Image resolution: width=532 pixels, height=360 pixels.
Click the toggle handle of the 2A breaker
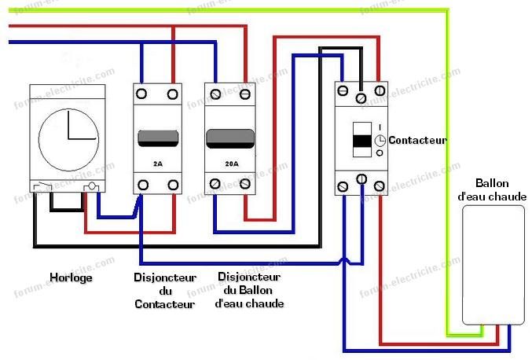(x=157, y=138)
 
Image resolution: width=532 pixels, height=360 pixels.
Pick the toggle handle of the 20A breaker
(x=229, y=138)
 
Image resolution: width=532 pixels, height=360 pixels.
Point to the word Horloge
(x=71, y=277)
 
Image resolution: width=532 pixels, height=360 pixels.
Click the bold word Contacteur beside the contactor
(x=417, y=141)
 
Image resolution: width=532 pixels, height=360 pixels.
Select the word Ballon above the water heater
(x=492, y=183)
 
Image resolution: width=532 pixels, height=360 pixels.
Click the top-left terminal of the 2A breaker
(x=142, y=94)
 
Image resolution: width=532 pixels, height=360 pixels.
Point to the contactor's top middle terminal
(x=361, y=97)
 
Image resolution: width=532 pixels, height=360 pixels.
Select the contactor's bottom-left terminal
(x=343, y=186)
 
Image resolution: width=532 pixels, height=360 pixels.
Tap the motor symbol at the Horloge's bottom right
(x=92, y=186)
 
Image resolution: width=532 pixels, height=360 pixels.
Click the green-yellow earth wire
(x=451, y=157)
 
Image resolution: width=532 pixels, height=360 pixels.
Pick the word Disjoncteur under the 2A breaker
(x=164, y=277)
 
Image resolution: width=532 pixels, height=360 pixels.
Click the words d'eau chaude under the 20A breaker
(x=248, y=303)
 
